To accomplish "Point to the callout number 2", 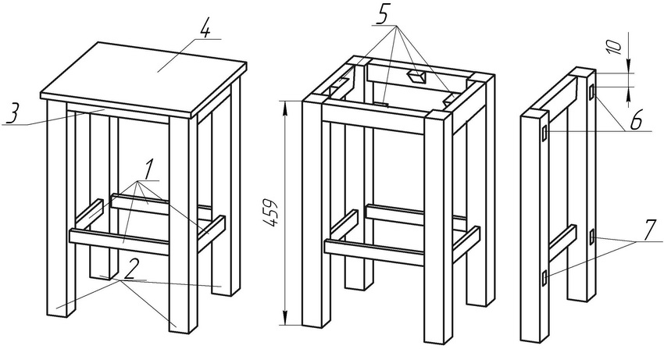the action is tap(130, 269).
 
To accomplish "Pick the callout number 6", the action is tap(635, 121).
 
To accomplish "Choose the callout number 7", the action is tap(648, 232).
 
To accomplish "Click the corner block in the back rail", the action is tap(416, 77).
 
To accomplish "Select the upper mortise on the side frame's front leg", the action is tap(544, 134).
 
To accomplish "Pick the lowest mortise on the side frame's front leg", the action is tap(544, 277).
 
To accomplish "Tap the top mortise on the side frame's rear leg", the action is tap(592, 92).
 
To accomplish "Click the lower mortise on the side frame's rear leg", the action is tap(592, 237).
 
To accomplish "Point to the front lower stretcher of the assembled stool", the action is tap(119, 242).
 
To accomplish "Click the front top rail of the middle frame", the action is tap(373, 119).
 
